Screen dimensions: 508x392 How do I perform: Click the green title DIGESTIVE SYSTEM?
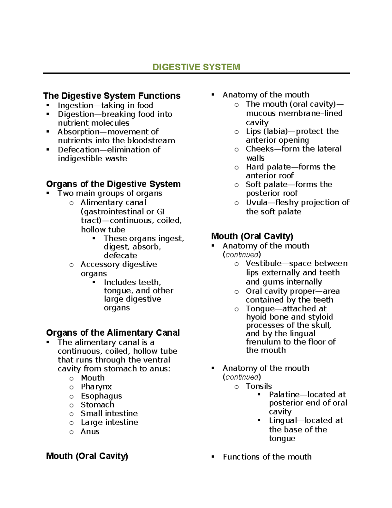point(196,67)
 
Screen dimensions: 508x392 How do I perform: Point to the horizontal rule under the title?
point(196,73)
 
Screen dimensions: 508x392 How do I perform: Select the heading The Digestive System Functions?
point(112,96)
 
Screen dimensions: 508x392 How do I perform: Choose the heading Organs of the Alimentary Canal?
point(113,333)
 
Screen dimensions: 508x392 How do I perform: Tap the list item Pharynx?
point(96,387)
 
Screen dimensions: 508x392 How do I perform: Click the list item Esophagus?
point(101,396)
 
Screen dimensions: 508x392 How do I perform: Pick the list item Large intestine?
point(109,422)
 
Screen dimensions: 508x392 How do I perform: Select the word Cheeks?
point(260,149)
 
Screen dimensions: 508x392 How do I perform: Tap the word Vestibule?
point(263,264)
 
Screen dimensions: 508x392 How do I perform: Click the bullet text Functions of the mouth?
point(267,457)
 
